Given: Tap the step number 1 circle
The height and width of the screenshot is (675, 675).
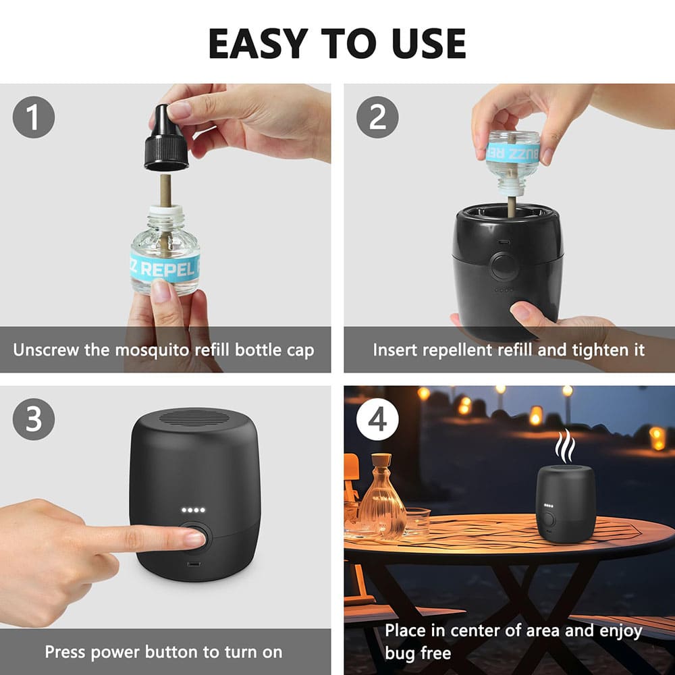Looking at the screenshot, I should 33,117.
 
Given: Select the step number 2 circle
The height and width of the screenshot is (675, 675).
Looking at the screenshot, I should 377,117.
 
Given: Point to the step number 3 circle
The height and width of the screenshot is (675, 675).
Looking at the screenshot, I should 33,419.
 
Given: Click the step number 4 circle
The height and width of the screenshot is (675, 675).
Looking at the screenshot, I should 377,419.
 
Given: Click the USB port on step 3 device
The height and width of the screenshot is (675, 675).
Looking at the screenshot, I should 194,564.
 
